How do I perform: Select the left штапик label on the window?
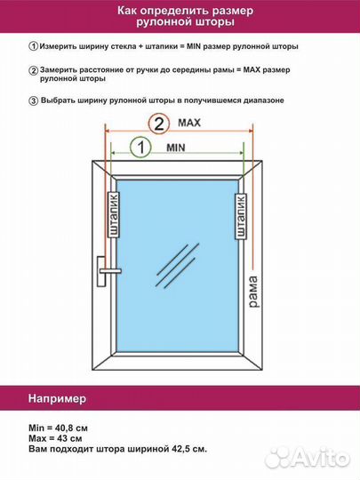pos(113,217)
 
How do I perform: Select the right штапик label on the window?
pos(240,217)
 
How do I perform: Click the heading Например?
pos(56,396)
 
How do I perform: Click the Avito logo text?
pos(314,457)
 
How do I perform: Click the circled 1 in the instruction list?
pos(34,45)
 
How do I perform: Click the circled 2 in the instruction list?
pos(34,69)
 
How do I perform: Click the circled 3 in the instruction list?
pos(34,100)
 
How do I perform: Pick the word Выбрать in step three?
pos(61,100)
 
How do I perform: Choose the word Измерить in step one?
pos(63,45)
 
